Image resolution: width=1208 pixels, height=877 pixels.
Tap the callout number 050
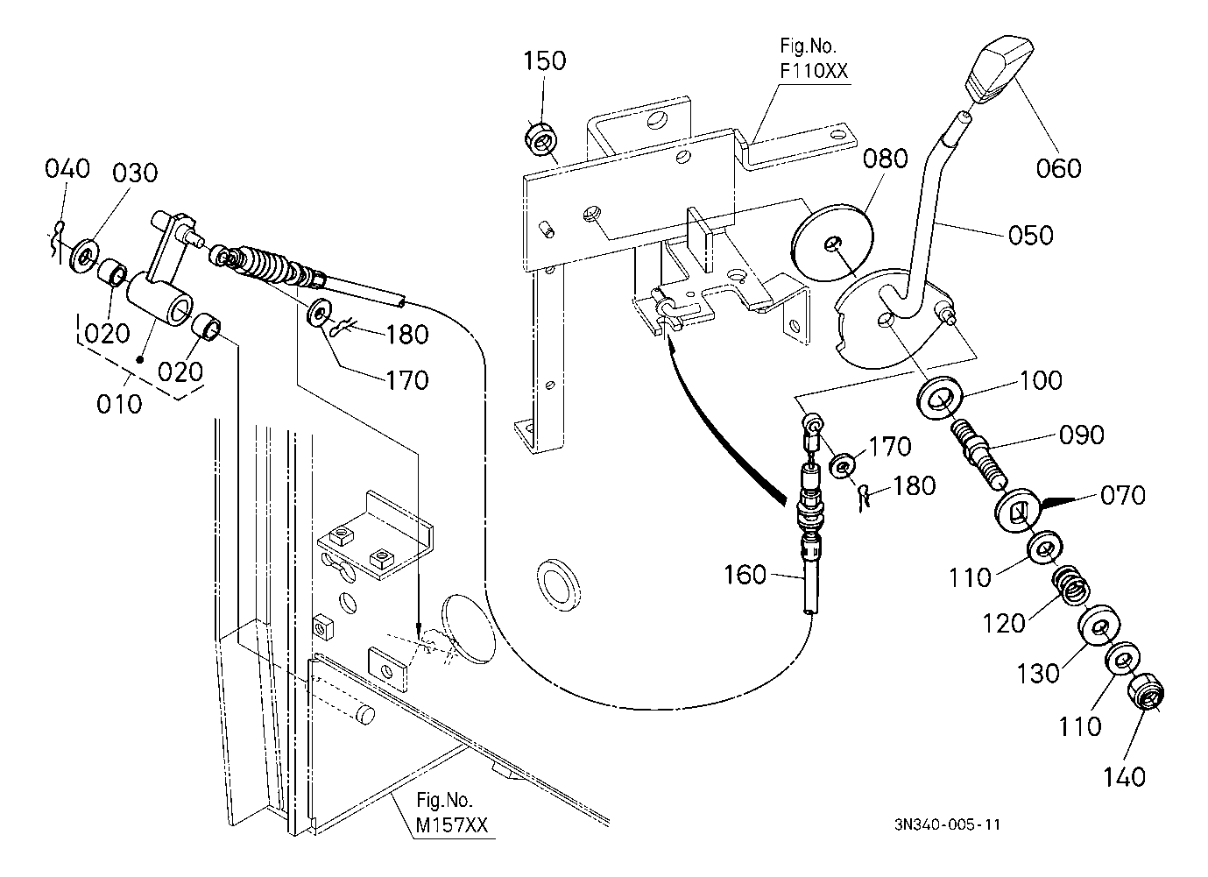(x=1030, y=236)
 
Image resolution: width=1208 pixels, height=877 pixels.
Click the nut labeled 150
(x=540, y=138)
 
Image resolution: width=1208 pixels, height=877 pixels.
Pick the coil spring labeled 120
(x=1071, y=584)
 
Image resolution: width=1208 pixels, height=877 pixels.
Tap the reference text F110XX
(x=814, y=71)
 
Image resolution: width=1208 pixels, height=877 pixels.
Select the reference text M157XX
(x=452, y=825)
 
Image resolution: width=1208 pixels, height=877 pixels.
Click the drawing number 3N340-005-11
(x=948, y=824)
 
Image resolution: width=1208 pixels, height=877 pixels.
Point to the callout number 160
(x=745, y=575)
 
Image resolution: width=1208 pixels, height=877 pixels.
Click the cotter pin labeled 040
(x=59, y=241)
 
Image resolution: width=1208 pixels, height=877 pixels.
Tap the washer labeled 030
(x=84, y=255)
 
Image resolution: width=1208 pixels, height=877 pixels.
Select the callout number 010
(x=119, y=403)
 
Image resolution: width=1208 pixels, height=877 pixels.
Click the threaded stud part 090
(x=978, y=454)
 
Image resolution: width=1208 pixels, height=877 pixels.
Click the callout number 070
(x=1123, y=495)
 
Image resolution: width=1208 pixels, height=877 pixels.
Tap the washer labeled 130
(x=1099, y=626)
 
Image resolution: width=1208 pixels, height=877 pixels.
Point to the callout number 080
(x=885, y=159)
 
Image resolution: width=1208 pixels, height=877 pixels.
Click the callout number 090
(x=1081, y=435)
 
